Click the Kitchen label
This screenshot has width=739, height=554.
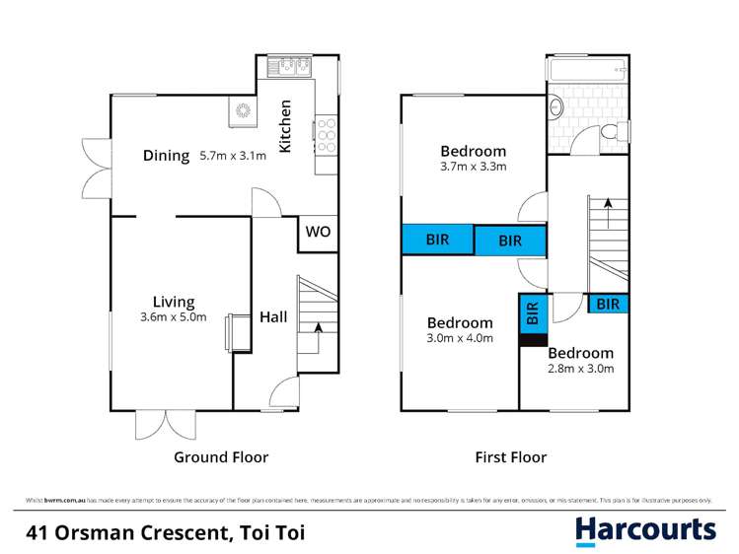point(285,126)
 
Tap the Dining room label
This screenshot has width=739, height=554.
point(166,155)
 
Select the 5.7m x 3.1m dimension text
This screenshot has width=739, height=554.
point(233,156)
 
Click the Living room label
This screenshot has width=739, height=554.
point(173,302)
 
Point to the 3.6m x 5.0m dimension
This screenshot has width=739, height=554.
point(173,317)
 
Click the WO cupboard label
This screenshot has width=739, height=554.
point(317,233)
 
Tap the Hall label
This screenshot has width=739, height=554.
point(273,316)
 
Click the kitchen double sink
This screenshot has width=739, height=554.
point(294,67)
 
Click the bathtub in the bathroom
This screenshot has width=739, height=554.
point(586,71)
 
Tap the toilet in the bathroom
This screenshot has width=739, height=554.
point(612,131)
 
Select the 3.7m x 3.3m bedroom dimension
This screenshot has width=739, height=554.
point(473,167)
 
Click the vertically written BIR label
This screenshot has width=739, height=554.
point(533,313)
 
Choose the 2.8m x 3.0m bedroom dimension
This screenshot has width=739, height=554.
point(581,370)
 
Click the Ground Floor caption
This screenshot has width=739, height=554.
point(221,457)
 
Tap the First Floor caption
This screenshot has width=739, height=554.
point(510,457)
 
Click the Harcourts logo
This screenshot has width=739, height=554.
point(645,530)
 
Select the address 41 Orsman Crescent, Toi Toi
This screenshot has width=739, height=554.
point(165,533)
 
